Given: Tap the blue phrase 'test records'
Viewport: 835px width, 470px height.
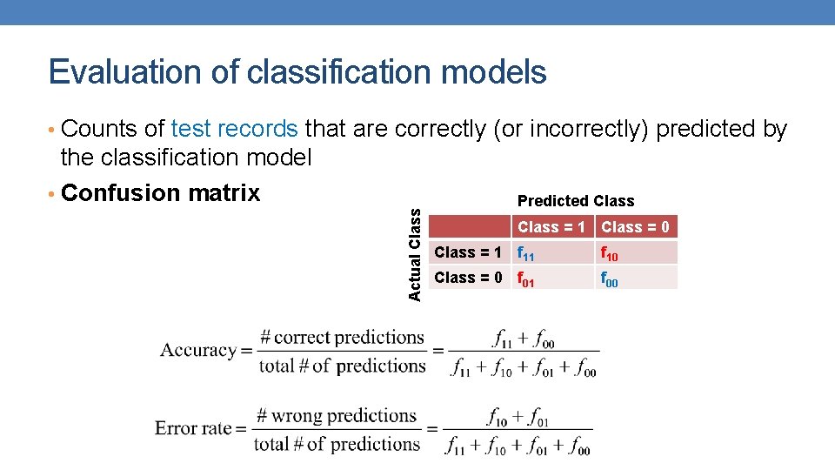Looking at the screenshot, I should click(x=235, y=129).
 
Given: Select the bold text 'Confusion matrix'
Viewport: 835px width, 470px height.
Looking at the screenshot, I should click(x=161, y=192).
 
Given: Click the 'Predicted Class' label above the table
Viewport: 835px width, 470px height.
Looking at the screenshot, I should click(x=576, y=201).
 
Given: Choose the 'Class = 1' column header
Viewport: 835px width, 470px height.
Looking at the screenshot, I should click(x=551, y=227).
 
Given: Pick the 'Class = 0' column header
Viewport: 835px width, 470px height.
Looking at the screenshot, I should click(x=636, y=227).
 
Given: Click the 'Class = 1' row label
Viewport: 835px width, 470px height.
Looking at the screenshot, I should click(x=468, y=252).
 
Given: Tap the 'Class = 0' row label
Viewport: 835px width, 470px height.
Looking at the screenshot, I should click(x=468, y=278).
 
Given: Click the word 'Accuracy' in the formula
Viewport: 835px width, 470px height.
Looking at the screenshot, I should click(x=198, y=351).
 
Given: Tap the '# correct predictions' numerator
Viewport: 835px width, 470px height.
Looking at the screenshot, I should click(x=342, y=337).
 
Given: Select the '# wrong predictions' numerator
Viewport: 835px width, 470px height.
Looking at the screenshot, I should click(x=337, y=415).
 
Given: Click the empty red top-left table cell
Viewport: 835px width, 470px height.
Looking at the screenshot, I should click(x=470, y=227).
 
